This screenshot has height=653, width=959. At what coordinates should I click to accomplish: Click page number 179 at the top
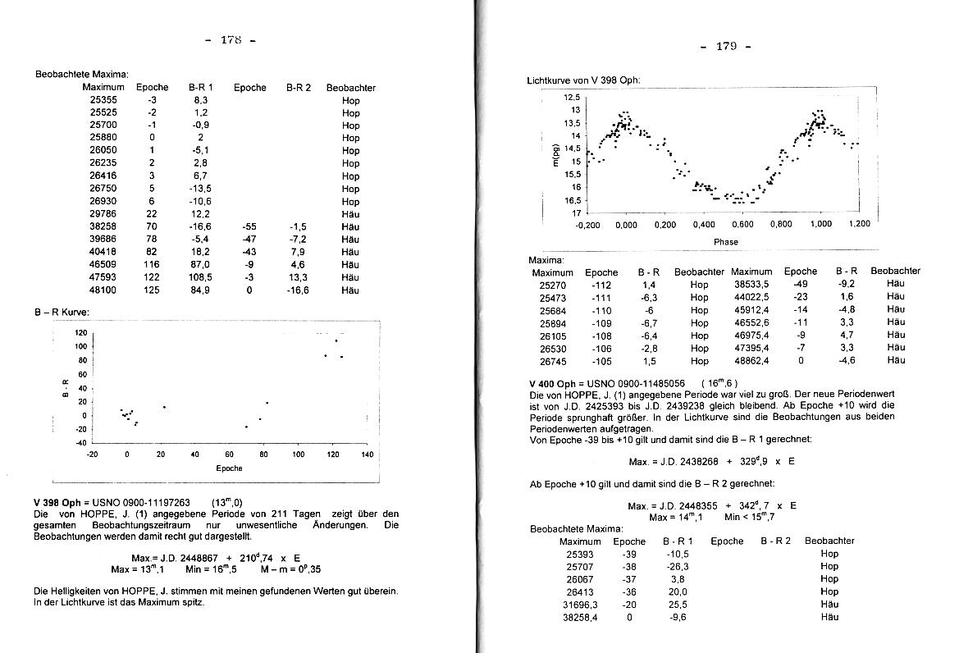coord(726,46)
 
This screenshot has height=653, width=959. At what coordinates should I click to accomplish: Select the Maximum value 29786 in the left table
coord(103,213)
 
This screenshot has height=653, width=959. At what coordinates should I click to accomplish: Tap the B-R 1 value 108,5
coord(199,277)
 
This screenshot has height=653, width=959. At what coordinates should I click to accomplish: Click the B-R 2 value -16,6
coord(298,290)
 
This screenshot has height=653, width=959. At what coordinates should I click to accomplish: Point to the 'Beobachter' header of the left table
coord(350,87)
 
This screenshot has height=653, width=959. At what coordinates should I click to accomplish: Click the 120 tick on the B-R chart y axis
coord(80,333)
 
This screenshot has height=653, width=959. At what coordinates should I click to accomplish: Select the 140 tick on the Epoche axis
coord(367,454)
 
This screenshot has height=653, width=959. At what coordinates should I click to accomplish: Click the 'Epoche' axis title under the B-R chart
coord(229,468)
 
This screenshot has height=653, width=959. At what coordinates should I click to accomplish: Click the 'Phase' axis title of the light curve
coord(725,241)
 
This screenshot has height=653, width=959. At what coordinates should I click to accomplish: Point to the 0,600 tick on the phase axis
coord(742,224)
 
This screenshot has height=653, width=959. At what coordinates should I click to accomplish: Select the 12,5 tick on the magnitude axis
coord(572,97)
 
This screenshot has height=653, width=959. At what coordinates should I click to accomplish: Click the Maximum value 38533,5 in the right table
coord(751,284)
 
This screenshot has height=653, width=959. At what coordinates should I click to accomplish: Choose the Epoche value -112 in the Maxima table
coord(601,284)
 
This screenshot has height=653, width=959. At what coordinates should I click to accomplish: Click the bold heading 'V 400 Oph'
coord(554,383)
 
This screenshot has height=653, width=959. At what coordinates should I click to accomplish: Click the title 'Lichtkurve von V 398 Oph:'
coord(583,80)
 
